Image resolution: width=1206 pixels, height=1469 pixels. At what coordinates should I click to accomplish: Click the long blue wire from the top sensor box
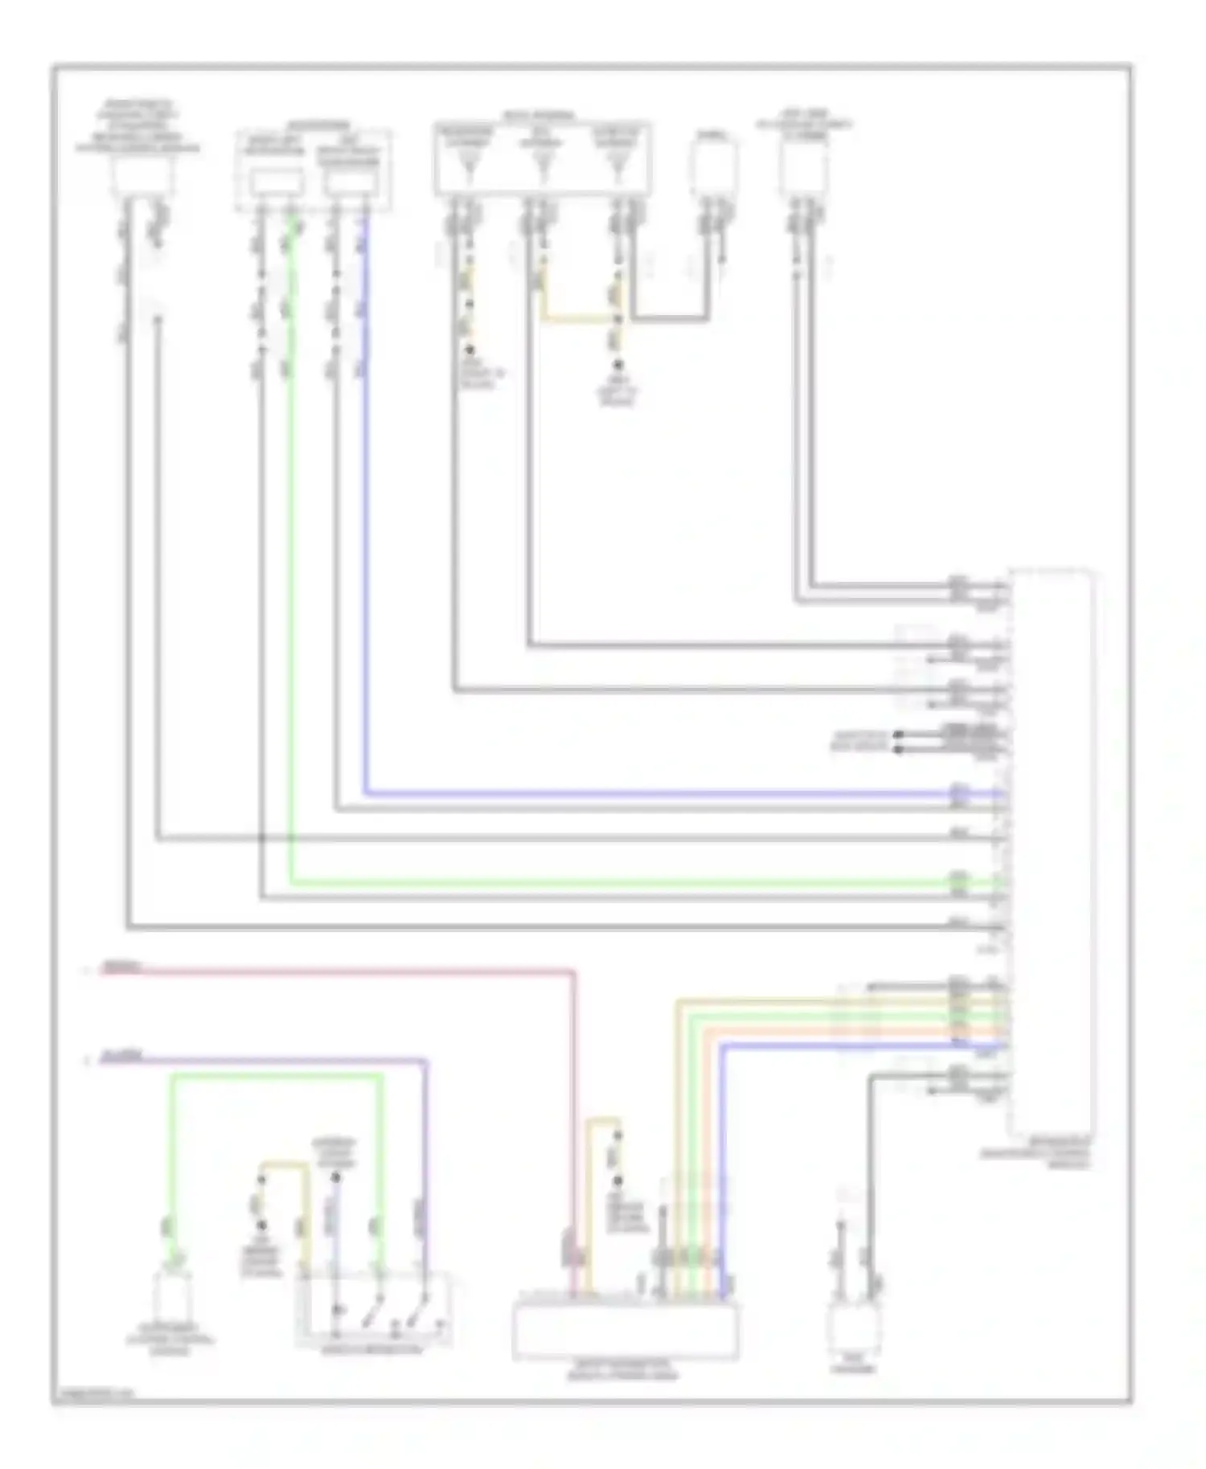tap(643, 794)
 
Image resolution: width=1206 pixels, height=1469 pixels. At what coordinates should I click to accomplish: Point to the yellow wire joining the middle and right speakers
tap(579, 320)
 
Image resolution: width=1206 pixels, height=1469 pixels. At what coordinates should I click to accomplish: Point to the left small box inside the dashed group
tap(276, 183)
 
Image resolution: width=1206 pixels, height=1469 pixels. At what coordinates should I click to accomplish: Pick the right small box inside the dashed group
tap(349, 183)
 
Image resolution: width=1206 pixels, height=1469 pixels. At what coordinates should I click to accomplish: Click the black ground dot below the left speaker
tap(469, 350)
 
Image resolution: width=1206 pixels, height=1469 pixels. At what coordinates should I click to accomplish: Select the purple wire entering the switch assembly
tap(425, 1165)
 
